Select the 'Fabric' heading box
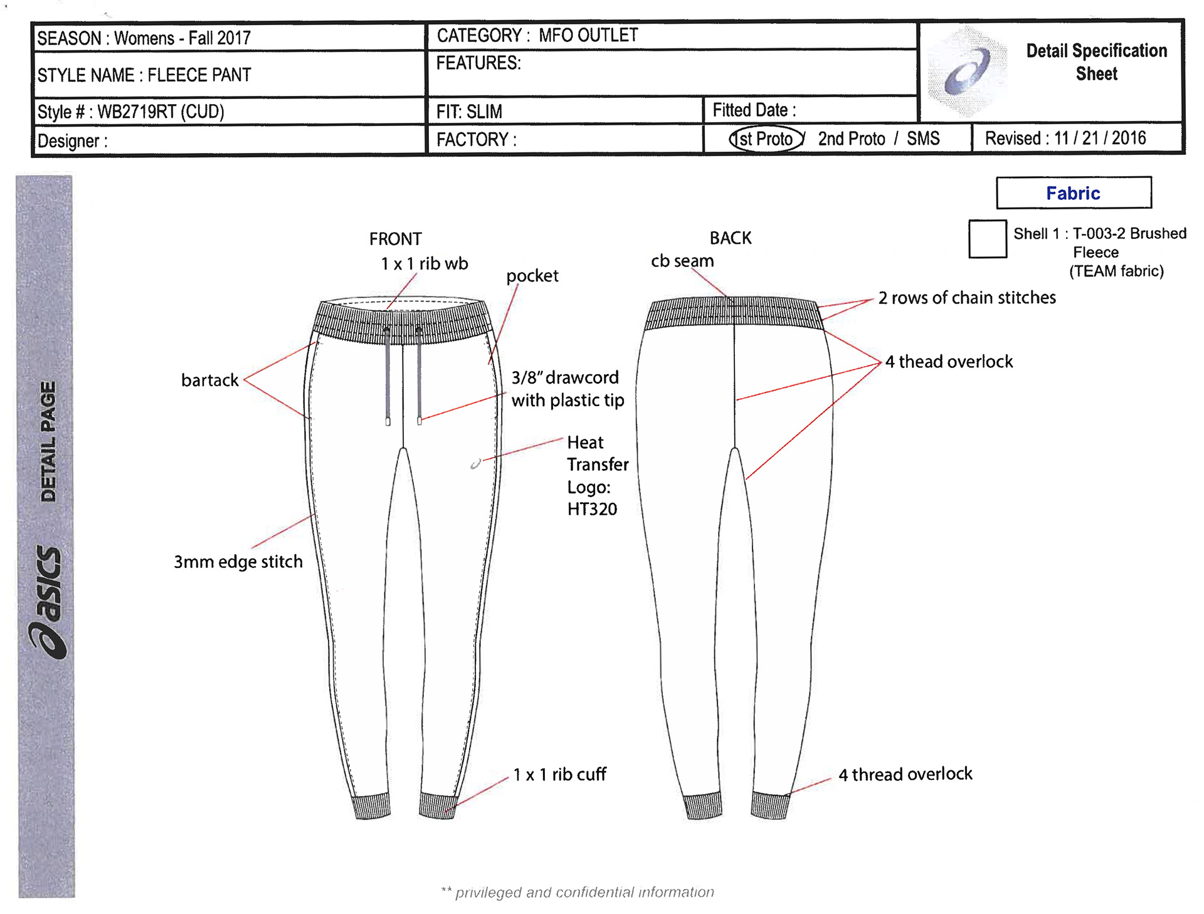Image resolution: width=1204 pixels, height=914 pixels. [x=1073, y=193]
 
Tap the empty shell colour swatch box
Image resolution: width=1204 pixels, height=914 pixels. [x=987, y=239]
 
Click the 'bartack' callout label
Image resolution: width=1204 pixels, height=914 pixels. [x=209, y=380]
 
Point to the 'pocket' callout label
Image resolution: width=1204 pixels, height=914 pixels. [x=532, y=276]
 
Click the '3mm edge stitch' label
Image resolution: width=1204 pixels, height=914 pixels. [x=238, y=562]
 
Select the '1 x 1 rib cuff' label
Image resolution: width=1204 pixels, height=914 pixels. [x=559, y=775]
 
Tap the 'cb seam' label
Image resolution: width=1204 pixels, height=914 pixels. [x=682, y=261]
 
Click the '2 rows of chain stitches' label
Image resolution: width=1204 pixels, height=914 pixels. [x=966, y=298]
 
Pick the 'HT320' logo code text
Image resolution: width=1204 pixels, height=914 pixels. [x=592, y=509]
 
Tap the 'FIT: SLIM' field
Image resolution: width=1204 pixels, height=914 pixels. [x=469, y=112]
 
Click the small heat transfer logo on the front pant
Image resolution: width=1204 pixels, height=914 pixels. [x=476, y=464]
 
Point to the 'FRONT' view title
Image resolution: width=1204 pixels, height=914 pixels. [x=395, y=239]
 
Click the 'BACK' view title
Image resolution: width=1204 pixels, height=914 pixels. [x=730, y=238]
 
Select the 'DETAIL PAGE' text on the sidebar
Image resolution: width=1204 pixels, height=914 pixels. [x=48, y=441]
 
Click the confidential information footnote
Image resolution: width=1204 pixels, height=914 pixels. [x=578, y=892]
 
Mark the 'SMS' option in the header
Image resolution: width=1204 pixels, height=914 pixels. [x=923, y=139]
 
